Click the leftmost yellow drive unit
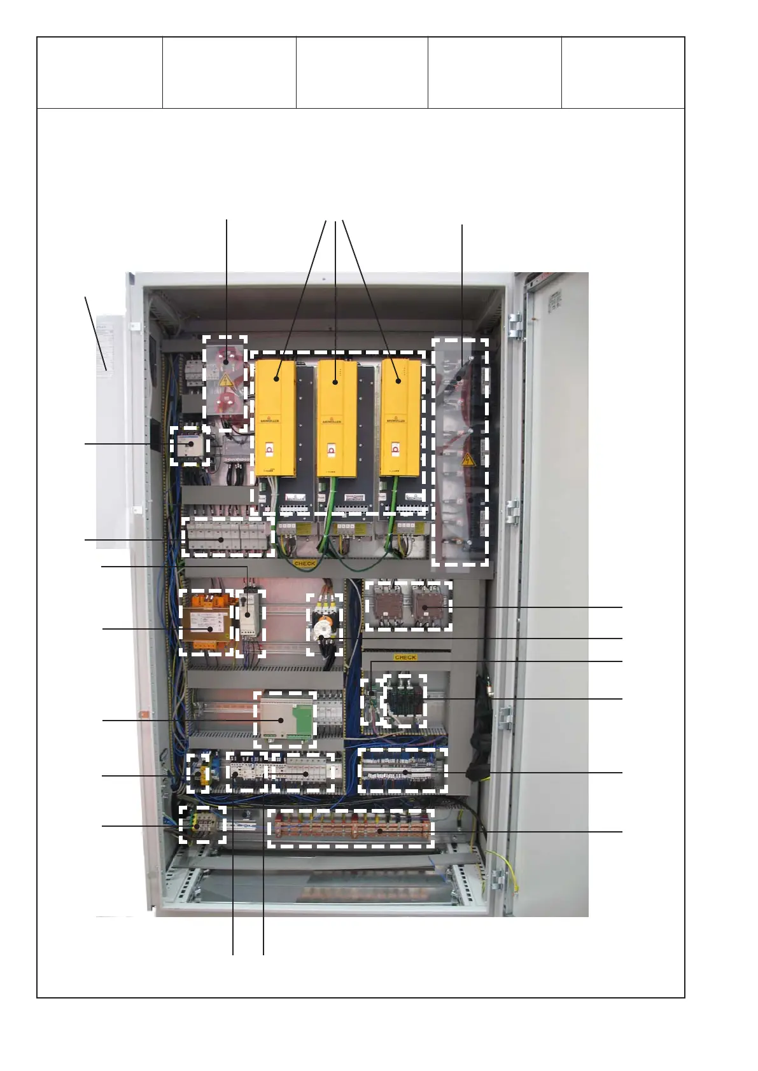point(275,417)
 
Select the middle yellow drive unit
point(337,417)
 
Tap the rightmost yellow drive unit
point(400,417)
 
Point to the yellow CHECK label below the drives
point(305,563)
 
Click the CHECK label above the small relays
point(405,658)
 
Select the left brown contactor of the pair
point(385,605)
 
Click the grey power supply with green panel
point(285,718)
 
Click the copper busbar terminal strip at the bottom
point(351,829)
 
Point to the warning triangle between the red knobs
point(225,381)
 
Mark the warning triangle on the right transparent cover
point(468,459)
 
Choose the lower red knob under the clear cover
point(226,403)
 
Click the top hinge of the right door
point(515,325)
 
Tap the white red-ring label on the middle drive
point(331,450)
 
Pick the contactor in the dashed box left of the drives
point(190,445)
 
